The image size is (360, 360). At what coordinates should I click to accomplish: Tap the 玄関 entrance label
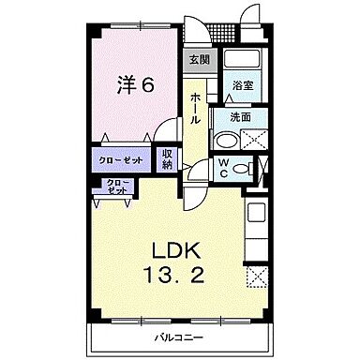pos(198,60)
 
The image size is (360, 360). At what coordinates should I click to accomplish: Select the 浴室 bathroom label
pos(244,84)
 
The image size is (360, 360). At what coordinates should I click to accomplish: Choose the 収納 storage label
pos(167,160)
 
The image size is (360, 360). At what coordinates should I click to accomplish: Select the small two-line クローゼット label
pos(116,187)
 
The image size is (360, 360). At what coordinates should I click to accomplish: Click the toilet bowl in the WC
pos(242,169)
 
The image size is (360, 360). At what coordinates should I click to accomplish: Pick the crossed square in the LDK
pos(256,277)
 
